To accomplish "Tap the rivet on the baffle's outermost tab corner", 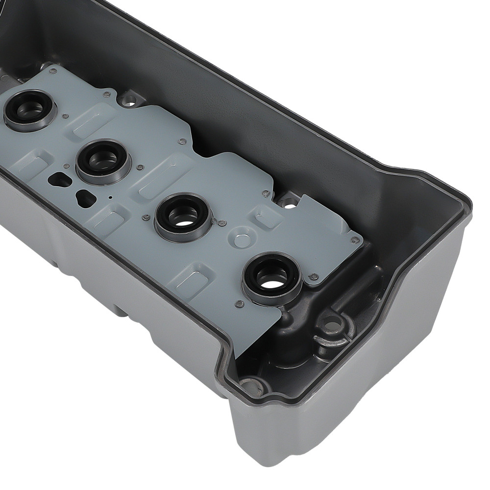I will click(353, 240).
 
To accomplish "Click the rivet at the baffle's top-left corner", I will click(52, 72).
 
